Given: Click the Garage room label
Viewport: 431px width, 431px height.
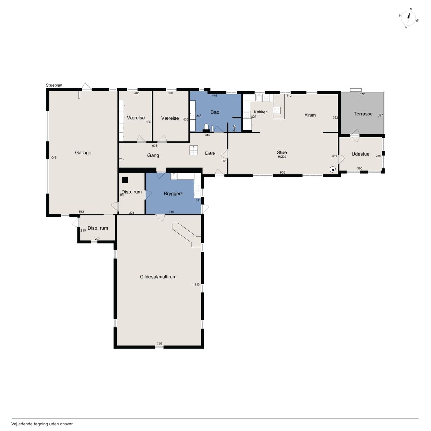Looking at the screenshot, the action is (83, 153).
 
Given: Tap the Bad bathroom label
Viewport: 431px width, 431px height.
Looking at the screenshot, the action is (215, 112).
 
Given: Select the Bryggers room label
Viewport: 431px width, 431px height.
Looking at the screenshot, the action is (173, 194).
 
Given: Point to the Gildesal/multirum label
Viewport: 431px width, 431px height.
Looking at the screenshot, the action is (158, 277).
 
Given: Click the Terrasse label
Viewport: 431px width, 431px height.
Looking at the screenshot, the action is (363, 114).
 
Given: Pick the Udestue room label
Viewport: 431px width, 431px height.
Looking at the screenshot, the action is (360, 154).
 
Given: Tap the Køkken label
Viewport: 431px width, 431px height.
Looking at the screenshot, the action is (261, 112).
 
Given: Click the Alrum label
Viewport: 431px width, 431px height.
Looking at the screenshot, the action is (310, 115).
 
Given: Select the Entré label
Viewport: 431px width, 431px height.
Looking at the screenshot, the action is (210, 153).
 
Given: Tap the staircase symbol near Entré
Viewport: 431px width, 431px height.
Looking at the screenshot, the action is (194, 150).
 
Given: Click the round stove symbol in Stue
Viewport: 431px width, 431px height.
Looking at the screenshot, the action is (333, 170).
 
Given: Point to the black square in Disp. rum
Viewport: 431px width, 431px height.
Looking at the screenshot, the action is (125, 179).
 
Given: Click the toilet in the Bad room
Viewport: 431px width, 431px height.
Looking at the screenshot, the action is (206, 127).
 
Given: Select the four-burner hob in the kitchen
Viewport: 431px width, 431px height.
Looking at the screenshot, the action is (277, 110).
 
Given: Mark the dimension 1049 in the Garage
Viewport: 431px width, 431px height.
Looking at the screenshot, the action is (53, 158).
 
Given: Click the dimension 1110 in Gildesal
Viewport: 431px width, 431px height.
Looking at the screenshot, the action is (196, 285).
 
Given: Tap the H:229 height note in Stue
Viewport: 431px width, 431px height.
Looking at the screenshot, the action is (282, 157).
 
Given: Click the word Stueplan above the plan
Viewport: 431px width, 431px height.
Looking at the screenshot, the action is (54, 85).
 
